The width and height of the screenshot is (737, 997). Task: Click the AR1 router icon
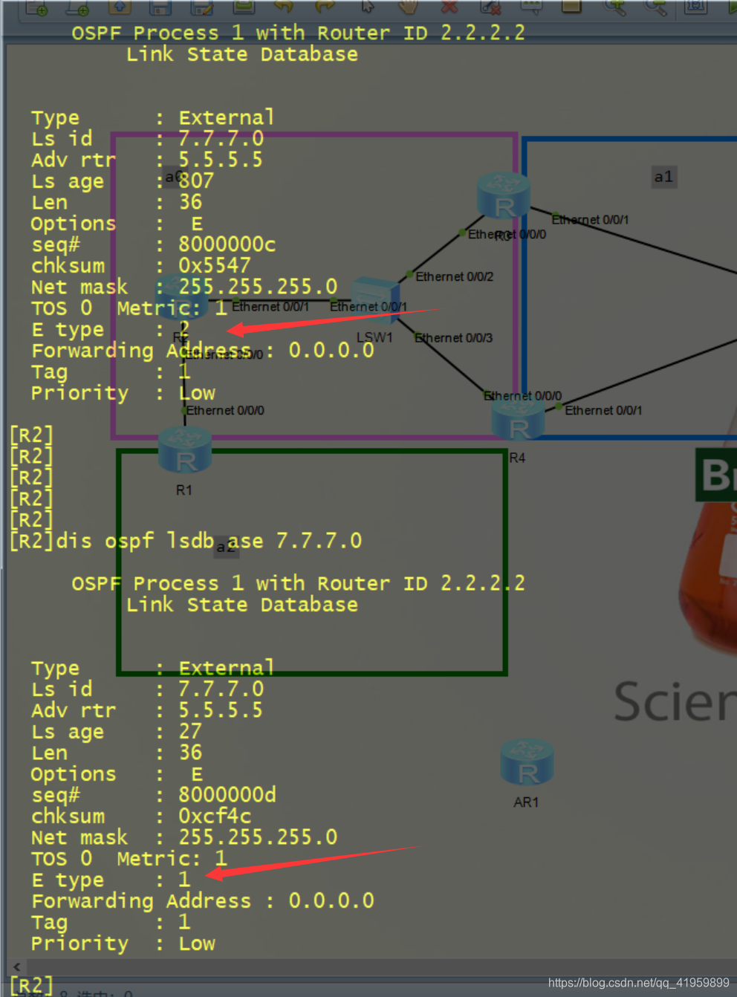[527, 763]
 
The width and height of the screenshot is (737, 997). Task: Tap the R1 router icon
[185, 450]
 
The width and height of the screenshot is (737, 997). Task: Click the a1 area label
[663, 177]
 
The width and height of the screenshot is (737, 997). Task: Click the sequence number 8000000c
[227, 244]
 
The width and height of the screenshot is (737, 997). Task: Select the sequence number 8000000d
[227, 795]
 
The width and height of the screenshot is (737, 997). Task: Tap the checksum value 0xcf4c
[214, 816]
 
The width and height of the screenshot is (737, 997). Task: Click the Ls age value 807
[196, 181]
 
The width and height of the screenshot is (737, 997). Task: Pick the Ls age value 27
[190, 731]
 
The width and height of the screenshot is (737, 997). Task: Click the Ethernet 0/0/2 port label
[454, 276]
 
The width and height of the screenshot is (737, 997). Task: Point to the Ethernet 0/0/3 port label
[453, 338]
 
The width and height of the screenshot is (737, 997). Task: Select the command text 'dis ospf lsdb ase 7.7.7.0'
[209, 541]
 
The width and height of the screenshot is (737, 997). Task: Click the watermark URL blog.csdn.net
[638, 983]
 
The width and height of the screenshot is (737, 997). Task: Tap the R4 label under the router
[517, 458]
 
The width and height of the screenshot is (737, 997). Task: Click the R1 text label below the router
[184, 490]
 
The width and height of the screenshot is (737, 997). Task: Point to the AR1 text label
[526, 802]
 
